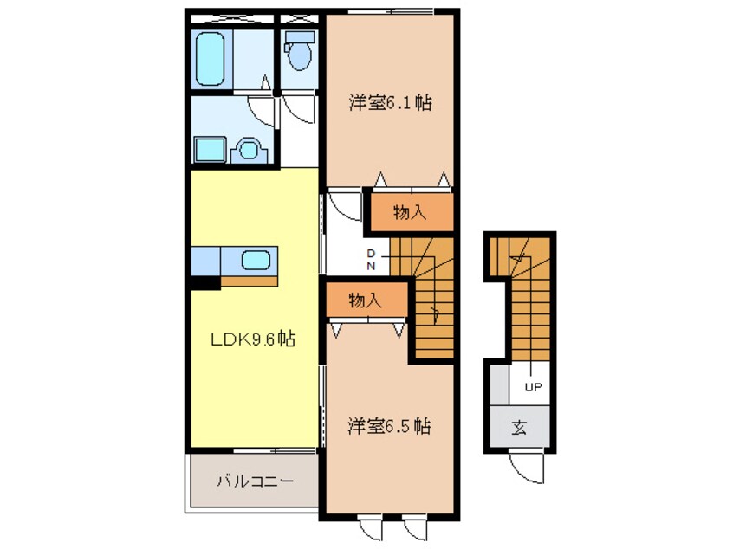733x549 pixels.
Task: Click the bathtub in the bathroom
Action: coord(210,59)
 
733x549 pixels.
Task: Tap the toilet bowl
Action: coord(299,56)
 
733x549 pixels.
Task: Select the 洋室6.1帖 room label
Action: coord(390,103)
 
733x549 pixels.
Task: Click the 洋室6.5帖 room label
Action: coord(389,427)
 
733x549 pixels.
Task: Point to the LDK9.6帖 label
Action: coord(253,339)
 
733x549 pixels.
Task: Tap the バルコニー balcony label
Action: coord(256,481)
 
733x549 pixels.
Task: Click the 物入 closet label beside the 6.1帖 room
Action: coord(410,213)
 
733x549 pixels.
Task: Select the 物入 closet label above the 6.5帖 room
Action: coord(365,300)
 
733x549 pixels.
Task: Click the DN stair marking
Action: coord(371,260)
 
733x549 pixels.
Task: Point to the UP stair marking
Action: coord(533,387)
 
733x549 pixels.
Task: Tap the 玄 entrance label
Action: coord(519,428)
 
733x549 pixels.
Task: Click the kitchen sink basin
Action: coord(256,261)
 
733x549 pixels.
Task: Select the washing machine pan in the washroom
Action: coord(210,150)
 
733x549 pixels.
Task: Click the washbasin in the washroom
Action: coord(250,150)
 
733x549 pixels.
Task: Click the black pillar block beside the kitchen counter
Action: coord(204,283)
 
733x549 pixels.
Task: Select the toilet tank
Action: coord(300,37)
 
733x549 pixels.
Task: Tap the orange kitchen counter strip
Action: coord(250,281)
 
